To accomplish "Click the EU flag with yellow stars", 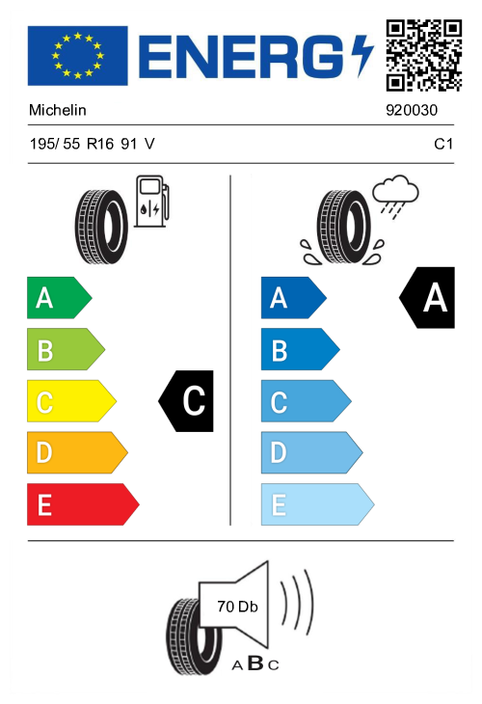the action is tap(78, 56).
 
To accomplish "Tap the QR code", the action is tap(424, 55).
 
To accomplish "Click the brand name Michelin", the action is tap(58, 110).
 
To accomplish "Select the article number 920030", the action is tap(412, 110).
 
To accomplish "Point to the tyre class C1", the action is tap(442, 144).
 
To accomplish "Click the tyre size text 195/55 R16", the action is tap(71, 144).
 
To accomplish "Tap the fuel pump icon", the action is tap(152, 201).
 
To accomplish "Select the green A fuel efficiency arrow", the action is tap(59, 298).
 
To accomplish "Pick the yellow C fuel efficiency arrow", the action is tap(71, 401).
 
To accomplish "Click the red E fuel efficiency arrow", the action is tap(83, 504).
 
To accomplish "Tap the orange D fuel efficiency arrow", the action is tap(77, 452).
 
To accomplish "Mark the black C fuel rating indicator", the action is tap(186, 401).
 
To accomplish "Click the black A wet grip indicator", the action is tap(427, 298).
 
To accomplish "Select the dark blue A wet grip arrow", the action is tap(293, 298).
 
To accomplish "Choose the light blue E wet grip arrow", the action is tap(317, 504).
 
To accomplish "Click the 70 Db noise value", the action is tap(237, 607).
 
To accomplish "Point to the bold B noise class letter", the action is tap(255, 663).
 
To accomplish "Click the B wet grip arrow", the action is tap(300, 349).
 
